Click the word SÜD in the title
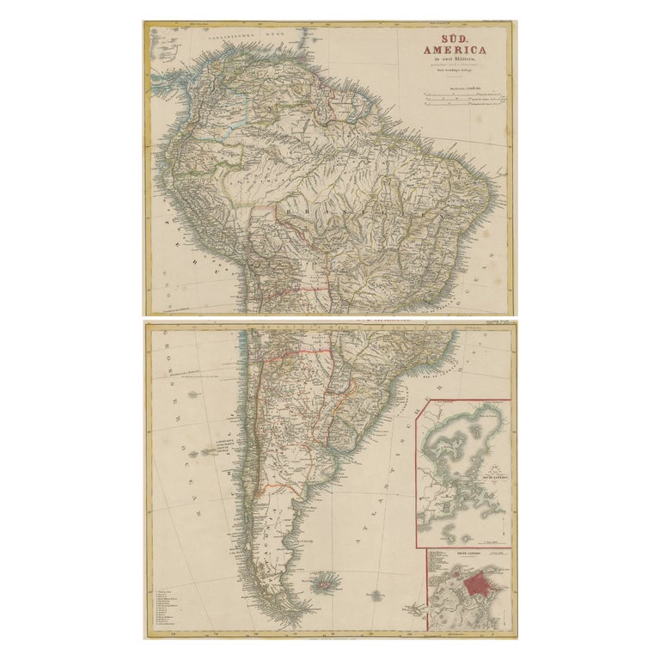(455, 40)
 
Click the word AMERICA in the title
(455, 55)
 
